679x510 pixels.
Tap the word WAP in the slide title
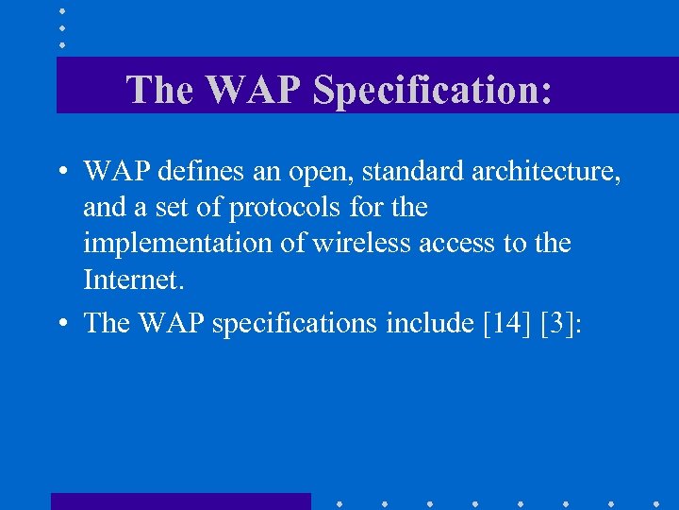(x=254, y=90)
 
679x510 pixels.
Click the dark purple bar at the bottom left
(x=180, y=501)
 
